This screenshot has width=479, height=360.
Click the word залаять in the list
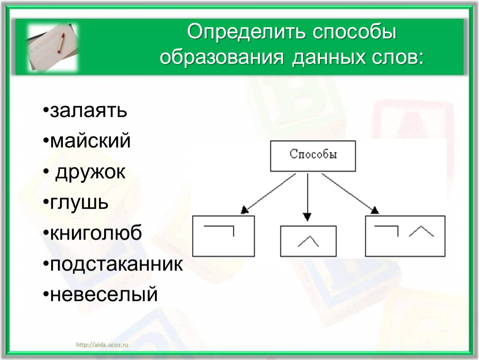(88, 111)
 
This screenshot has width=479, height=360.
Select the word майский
(90, 141)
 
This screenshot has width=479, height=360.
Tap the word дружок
(90, 172)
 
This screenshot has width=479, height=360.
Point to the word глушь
(79, 203)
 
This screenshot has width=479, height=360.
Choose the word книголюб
(96, 233)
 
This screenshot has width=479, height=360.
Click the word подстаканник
(116, 265)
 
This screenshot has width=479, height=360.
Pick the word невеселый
(104, 295)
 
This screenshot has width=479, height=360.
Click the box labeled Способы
(313, 156)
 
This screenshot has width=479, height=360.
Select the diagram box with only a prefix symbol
(223, 236)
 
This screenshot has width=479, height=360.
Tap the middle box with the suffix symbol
(308, 241)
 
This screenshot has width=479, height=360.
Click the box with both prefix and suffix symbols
(405, 236)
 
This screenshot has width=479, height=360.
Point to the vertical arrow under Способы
(308, 197)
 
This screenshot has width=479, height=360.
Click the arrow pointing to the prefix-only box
(268, 193)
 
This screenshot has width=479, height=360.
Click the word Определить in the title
(246, 32)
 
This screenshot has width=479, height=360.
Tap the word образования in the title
(222, 57)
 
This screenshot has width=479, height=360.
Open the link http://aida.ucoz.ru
(102, 345)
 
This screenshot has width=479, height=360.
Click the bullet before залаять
(46, 110)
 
